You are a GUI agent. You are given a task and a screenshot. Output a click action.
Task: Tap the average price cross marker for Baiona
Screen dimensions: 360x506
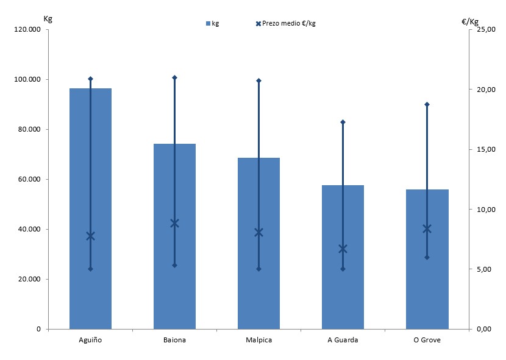(x=174, y=223)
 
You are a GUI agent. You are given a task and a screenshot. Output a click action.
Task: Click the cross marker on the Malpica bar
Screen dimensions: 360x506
(x=258, y=232)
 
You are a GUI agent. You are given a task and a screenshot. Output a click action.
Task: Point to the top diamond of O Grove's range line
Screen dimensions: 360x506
(x=427, y=104)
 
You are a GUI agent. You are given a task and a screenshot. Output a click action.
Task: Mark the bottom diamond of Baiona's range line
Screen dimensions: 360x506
(x=174, y=266)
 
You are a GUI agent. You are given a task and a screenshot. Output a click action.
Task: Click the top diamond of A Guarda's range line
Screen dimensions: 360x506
(x=343, y=122)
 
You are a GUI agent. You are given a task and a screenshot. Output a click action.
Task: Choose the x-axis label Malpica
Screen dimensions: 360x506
(x=258, y=340)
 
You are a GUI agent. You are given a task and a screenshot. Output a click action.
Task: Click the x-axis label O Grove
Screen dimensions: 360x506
(x=427, y=340)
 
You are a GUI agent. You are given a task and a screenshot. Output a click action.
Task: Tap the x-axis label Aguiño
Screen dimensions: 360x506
(x=90, y=340)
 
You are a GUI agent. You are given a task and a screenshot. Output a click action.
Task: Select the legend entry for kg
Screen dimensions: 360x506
(x=213, y=23)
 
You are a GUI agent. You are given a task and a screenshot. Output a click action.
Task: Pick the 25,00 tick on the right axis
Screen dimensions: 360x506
(x=485, y=29)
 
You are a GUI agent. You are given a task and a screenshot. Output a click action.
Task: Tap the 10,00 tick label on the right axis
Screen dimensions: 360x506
(x=485, y=210)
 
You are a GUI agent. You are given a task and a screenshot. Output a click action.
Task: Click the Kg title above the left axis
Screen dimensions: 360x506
(x=48, y=18)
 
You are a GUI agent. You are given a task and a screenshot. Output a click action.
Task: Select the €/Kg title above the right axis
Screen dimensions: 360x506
(x=469, y=21)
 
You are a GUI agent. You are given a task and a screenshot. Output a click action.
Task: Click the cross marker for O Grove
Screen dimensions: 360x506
(x=427, y=229)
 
